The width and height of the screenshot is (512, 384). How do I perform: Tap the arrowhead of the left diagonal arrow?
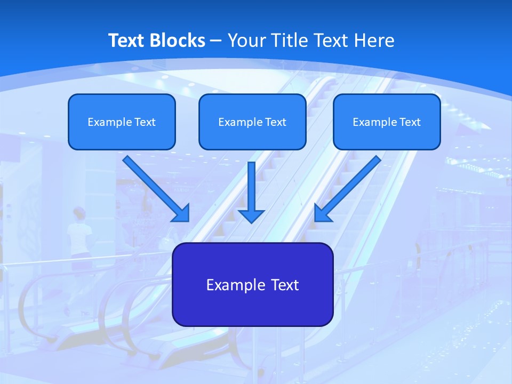point(181,213)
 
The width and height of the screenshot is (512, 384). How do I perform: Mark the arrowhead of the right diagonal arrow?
point(322,213)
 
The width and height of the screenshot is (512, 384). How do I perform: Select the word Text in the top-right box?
point(410,122)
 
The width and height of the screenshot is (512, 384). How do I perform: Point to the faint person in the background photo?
point(79,235)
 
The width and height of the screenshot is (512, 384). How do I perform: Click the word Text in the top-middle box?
point(275,122)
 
